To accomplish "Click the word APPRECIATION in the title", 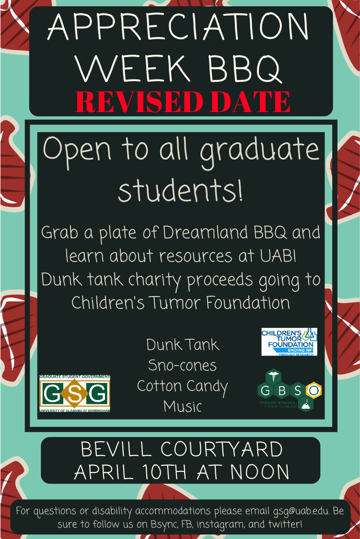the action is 178,27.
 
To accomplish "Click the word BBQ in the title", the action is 244,68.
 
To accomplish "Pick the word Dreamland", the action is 205,232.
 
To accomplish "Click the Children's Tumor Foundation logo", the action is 289,342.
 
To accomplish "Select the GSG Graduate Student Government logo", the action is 75,394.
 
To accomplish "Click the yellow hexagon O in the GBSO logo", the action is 314,390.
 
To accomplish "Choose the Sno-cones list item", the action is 182,366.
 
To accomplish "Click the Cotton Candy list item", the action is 182,386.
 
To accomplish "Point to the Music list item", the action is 182,406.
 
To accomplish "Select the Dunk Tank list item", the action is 183,345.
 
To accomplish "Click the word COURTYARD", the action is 221,449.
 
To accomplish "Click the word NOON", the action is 260,472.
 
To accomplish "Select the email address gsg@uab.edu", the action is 301,511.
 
